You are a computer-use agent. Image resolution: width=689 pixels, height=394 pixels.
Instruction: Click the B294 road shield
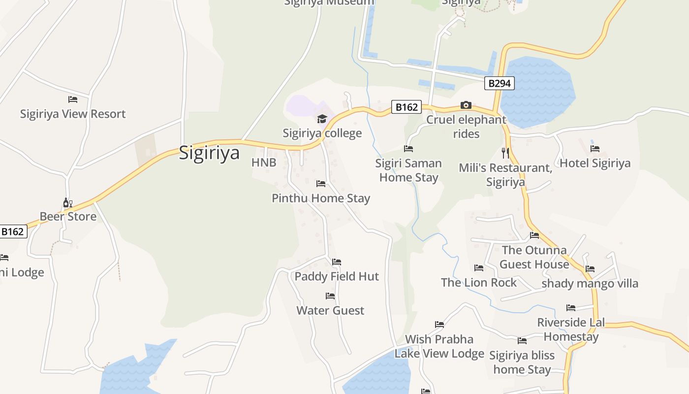pyautogui.click(x=499, y=83)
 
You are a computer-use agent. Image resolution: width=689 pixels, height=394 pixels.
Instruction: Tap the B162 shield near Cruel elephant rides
pyautogui.click(x=407, y=107)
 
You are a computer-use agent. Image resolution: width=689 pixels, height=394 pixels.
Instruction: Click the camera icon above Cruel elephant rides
pyautogui.click(x=466, y=105)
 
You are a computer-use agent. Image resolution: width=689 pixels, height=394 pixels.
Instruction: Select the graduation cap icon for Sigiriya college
pyautogui.click(x=322, y=119)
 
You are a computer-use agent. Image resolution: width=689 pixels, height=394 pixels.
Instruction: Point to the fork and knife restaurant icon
pyautogui.click(x=505, y=153)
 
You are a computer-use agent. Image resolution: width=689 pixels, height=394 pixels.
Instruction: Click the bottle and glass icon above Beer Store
pyautogui.click(x=67, y=202)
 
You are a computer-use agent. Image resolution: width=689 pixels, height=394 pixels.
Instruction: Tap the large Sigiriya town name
pyautogui.click(x=209, y=152)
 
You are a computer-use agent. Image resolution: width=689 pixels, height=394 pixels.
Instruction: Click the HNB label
pyautogui.click(x=264, y=163)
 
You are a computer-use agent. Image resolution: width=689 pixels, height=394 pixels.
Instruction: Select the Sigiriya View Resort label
pyautogui.click(x=73, y=114)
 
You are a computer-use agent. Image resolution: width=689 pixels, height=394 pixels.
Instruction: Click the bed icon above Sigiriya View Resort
pyautogui.click(x=73, y=99)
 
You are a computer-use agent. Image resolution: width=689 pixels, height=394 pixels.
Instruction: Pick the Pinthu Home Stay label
pyautogui.click(x=321, y=198)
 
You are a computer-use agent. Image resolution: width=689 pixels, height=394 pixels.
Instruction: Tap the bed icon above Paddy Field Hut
pyautogui.click(x=337, y=262)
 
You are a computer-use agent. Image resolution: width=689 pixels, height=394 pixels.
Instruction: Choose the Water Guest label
pyautogui.click(x=330, y=310)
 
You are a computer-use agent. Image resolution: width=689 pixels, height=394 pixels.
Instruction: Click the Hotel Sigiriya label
pyautogui.click(x=595, y=163)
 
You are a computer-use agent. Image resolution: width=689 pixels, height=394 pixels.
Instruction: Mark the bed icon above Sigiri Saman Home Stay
pyautogui.click(x=408, y=148)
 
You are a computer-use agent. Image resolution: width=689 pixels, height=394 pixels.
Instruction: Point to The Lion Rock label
pyautogui.click(x=479, y=282)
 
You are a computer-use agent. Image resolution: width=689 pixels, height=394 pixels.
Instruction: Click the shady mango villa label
pyautogui.click(x=590, y=283)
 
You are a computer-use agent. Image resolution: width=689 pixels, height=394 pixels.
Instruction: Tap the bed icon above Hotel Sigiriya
pyautogui.click(x=595, y=148)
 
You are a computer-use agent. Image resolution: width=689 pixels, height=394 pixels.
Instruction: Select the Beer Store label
pyautogui.click(x=68, y=216)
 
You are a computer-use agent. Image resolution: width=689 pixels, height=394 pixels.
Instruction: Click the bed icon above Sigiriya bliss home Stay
pyautogui.click(x=522, y=340)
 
